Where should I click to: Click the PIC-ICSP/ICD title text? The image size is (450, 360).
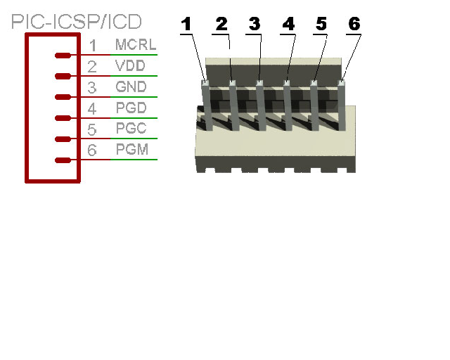click(x=77, y=22)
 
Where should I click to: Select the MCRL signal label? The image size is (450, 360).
click(x=136, y=44)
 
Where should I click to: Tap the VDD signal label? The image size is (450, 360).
click(x=130, y=65)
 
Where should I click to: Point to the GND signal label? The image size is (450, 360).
click(x=131, y=86)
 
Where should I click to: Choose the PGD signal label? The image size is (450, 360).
click(x=131, y=108)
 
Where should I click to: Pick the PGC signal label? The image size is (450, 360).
click(x=131, y=128)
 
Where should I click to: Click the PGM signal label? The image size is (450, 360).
click(x=132, y=149)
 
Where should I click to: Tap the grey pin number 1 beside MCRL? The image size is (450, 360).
click(x=93, y=46)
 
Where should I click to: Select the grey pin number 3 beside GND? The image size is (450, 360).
click(x=92, y=88)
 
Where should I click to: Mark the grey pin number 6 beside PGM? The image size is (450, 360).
click(x=92, y=150)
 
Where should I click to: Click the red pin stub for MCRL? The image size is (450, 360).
click(x=63, y=56)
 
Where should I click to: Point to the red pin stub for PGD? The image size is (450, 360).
click(x=63, y=118)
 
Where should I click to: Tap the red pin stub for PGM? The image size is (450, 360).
click(x=63, y=160)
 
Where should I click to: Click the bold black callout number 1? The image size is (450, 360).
click(x=186, y=24)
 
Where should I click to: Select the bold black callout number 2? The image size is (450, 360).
click(x=221, y=24)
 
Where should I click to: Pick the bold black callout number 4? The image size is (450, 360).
click(x=288, y=24)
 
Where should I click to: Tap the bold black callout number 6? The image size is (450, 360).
click(x=354, y=24)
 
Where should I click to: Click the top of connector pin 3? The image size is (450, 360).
click(x=259, y=83)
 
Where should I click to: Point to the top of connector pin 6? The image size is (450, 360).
click(x=341, y=83)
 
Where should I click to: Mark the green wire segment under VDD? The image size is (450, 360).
click(x=134, y=76)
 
